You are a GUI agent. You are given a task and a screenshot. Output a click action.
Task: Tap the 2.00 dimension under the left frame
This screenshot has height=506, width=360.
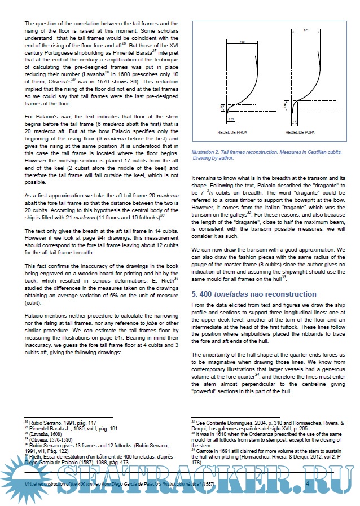[x=231, y=120]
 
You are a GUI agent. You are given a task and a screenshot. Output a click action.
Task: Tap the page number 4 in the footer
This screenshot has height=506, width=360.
[x=307, y=483]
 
